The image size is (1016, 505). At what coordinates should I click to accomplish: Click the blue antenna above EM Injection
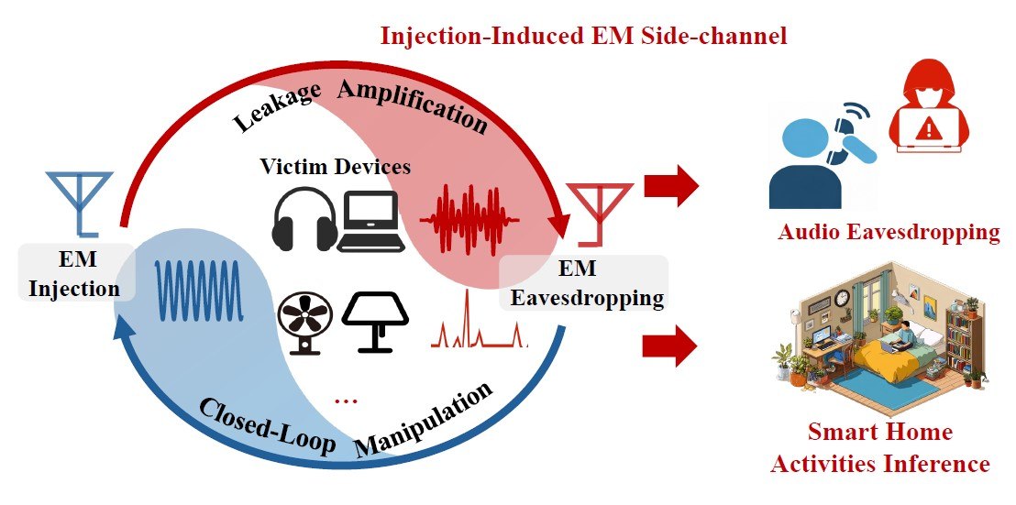pyautogui.click(x=80, y=201)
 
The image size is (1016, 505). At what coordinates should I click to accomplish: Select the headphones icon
pyautogui.click(x=304, y=218)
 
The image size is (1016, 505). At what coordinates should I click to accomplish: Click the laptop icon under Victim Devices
pyautogui.click(x=371, y=222)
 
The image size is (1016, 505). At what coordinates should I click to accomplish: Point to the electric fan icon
pyautogui.click(x=305, y=322)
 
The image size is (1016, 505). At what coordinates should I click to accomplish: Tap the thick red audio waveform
pyautogui.click(x=469, y=219)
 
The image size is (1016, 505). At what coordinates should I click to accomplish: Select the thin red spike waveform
pyautogui.click(x=480, y=321)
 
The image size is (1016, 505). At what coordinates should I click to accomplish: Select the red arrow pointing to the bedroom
pyautogui.click(x=670, y=347)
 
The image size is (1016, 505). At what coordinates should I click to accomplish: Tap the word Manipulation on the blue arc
pyautogui.click(x=425, y=418)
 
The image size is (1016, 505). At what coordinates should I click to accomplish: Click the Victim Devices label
pyautogui.click(x=336, y=167)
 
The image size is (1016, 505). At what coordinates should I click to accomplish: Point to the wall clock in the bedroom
pyautogui.click(x=842, y=297)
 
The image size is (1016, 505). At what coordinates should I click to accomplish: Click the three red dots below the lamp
pyautogui.click(x=346, y=401)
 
